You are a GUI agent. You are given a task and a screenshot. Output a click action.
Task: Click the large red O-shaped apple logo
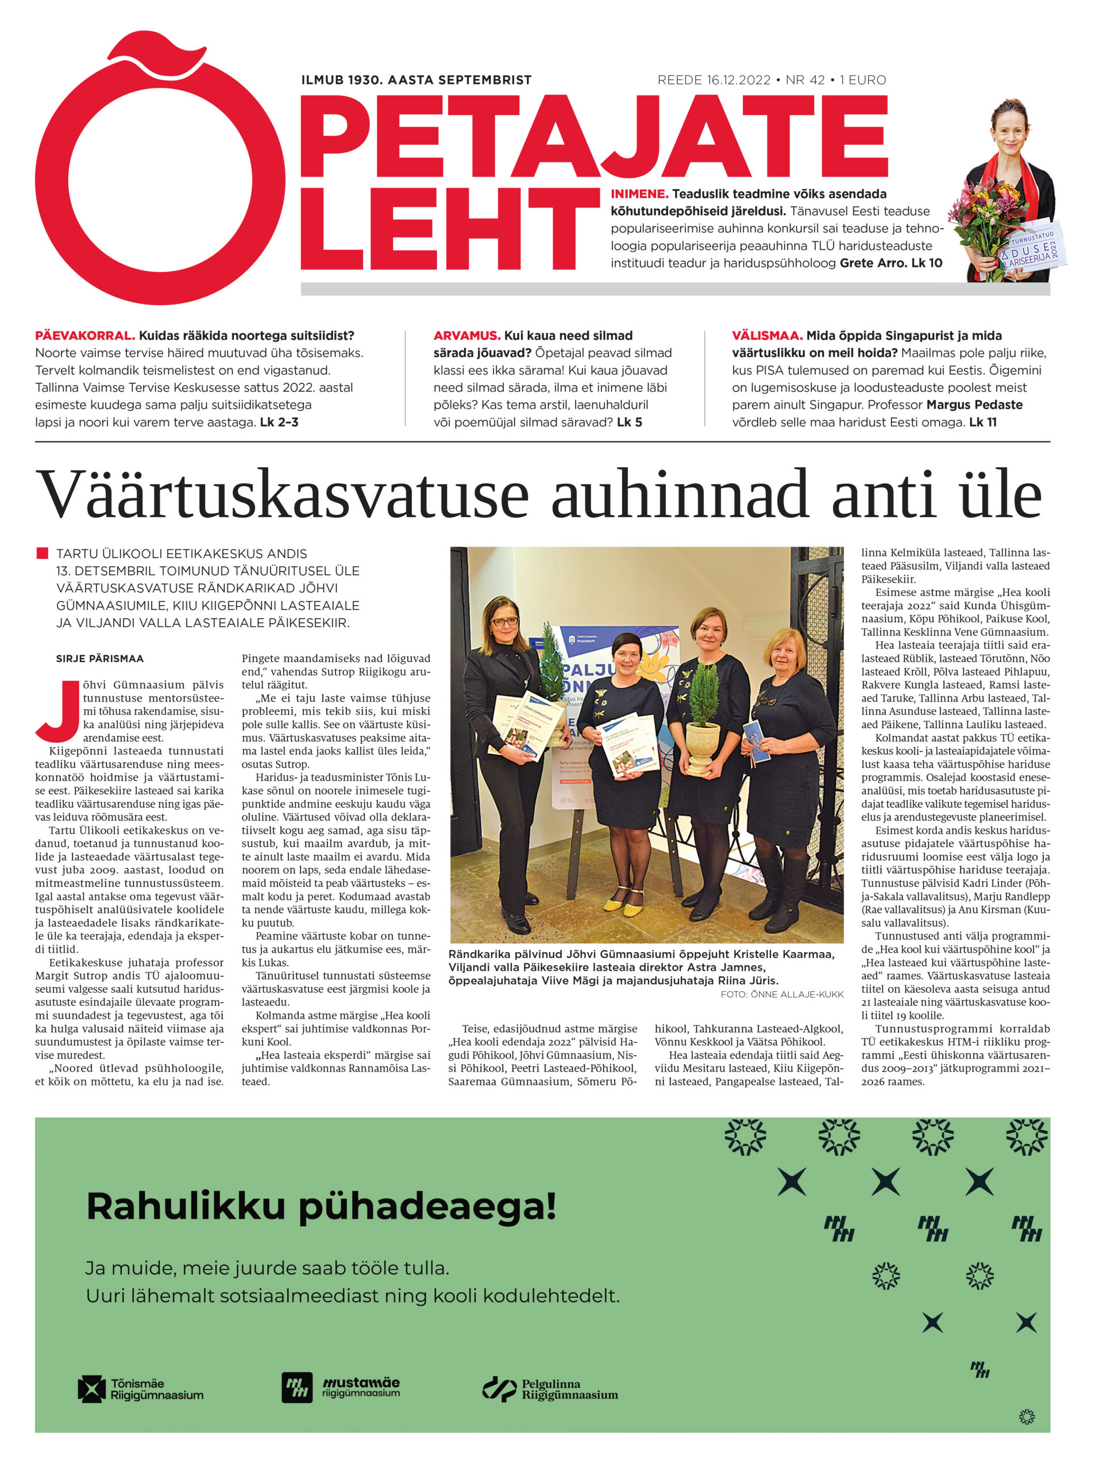(x=160, y=173)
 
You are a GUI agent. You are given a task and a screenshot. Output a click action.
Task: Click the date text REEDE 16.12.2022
(x=714, y=80)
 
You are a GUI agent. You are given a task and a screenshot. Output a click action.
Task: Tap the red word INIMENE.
(x=639, y=194)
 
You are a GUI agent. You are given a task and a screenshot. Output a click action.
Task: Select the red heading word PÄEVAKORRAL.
(x=85, y=336)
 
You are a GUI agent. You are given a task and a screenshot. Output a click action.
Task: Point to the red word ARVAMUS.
(x=466, y=336)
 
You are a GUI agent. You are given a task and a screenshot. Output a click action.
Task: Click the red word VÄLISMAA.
(x=766, y=336)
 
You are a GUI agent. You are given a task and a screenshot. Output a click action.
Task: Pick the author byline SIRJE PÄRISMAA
(x=100, y=659)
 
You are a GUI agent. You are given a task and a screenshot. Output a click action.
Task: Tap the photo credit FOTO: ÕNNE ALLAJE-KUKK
(x=781, y=994)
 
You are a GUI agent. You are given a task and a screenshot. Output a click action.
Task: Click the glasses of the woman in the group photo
(x=504, y=622)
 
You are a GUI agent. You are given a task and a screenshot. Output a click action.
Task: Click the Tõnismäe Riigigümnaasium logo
(x=140, y=1389)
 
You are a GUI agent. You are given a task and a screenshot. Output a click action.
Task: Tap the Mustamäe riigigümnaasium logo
(x=341, y=1388)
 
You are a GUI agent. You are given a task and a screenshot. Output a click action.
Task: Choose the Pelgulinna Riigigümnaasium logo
(x=549, y=1389)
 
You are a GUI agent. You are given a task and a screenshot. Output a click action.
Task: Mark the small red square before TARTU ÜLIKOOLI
(x=43, y=553)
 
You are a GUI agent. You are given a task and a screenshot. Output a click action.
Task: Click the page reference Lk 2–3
(x=279, y=422)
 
